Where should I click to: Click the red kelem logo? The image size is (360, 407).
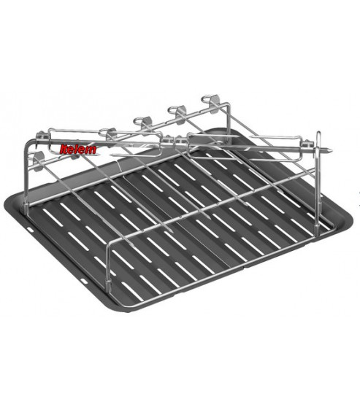coord(78,150)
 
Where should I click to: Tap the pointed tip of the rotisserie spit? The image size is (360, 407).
coord(331,150)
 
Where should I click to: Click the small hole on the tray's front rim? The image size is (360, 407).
coord(84,281)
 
